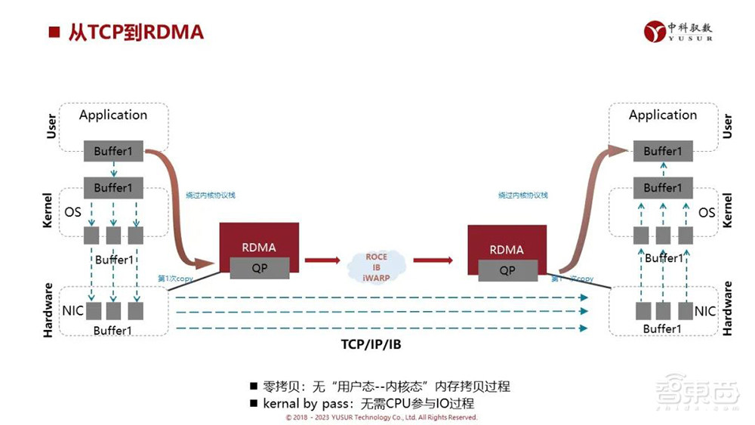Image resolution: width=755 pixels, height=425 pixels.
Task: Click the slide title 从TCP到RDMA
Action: (135, 32)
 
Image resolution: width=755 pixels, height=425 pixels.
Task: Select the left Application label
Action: (113, 115)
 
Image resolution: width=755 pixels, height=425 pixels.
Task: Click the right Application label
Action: (663, 115)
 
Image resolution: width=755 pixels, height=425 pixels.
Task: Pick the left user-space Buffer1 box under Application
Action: (113, 151)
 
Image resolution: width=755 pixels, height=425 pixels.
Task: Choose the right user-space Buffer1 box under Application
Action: (663, 151)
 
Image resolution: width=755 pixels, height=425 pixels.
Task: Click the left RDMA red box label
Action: (258, 247)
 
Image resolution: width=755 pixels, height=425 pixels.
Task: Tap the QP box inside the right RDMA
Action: (507, 269)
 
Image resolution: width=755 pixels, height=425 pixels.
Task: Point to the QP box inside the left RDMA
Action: (260, 268)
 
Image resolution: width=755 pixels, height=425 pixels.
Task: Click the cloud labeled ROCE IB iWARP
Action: (376, 267)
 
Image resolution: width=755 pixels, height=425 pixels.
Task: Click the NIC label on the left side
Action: (72, 310)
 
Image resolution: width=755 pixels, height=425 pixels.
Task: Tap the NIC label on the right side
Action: (704, 310)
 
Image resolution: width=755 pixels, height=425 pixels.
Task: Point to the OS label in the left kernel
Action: (72, 212)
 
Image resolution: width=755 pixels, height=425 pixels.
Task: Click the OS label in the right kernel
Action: (707, 212)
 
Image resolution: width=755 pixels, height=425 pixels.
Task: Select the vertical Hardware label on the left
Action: (48, 309)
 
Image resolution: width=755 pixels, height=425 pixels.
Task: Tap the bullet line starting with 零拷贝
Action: (385, 387)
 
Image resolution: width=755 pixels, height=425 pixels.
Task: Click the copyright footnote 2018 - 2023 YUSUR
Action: (381, 417)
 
